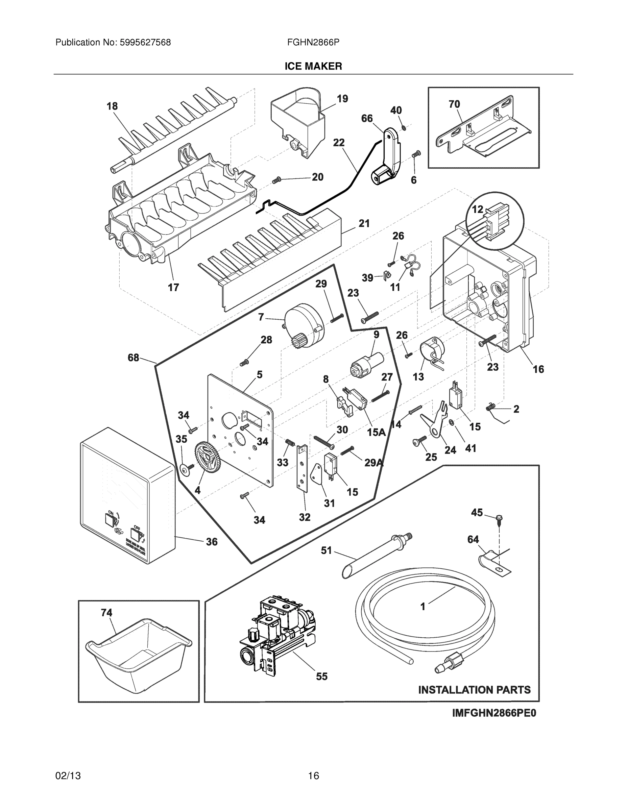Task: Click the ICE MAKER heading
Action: coord(313,66)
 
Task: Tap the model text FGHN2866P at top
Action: coord(313,43)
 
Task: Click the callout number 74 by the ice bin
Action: coord(106,612)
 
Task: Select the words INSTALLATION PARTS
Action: coord(474,690)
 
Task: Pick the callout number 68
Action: coord(134,358)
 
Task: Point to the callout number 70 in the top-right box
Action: coord(454,104)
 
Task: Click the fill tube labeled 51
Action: coord(375,553)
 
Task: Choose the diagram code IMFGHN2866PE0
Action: coord(494,713)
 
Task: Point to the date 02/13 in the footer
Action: coord(68,776)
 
